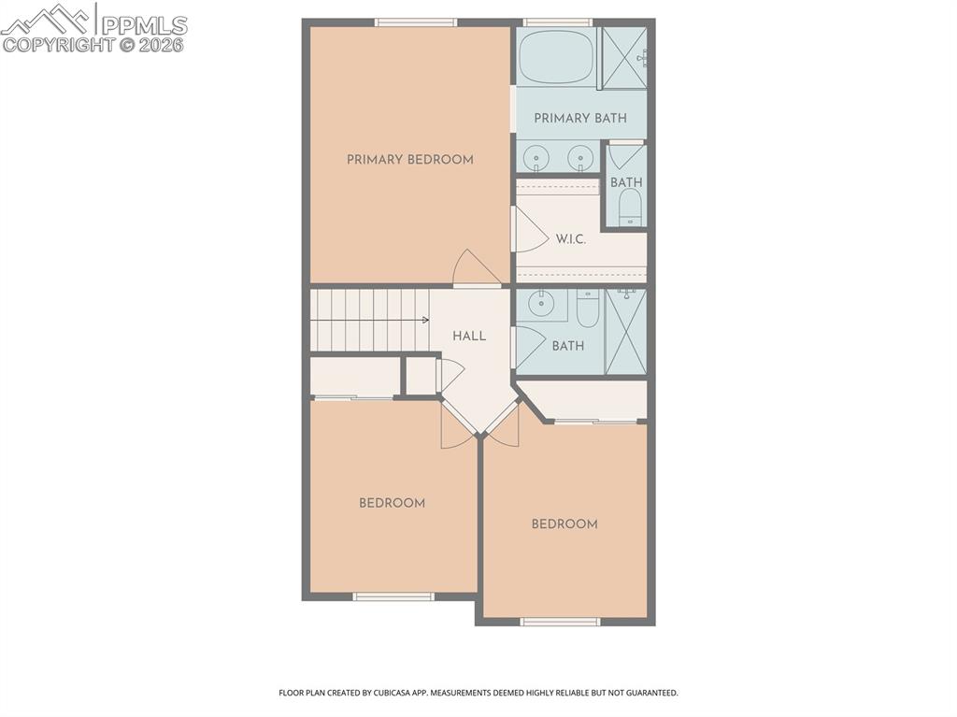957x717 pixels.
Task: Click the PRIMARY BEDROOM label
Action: click(x=409, y=160)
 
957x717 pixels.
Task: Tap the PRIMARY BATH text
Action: click(x=580, y=119)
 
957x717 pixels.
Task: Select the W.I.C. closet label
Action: click(x=570, y=239)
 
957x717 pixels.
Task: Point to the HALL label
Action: click(x=469, y=336)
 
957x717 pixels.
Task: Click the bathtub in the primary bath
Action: click(x=556, y=57)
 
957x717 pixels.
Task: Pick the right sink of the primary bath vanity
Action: click(x=580, y=158)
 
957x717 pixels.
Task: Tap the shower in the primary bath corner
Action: click(x=623, y=58)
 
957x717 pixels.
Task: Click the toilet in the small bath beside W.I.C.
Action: click(x=631, y=208)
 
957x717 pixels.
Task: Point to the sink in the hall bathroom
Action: click(x=541, y=304)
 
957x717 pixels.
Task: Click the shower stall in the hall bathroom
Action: click(x=625, y=332)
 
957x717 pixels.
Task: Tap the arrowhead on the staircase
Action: click(x=425, y=321)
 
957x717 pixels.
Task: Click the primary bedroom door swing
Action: click(x=475, y=268)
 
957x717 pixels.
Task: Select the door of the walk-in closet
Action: click(x=529, y=230)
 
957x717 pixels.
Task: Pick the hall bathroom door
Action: click(x=529, y=346)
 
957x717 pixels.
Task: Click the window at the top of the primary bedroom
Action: click(x=416, y=22)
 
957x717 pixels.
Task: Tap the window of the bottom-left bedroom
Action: click(x=393, y=596)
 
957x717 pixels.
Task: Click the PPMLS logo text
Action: click(x=144, y=25)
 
